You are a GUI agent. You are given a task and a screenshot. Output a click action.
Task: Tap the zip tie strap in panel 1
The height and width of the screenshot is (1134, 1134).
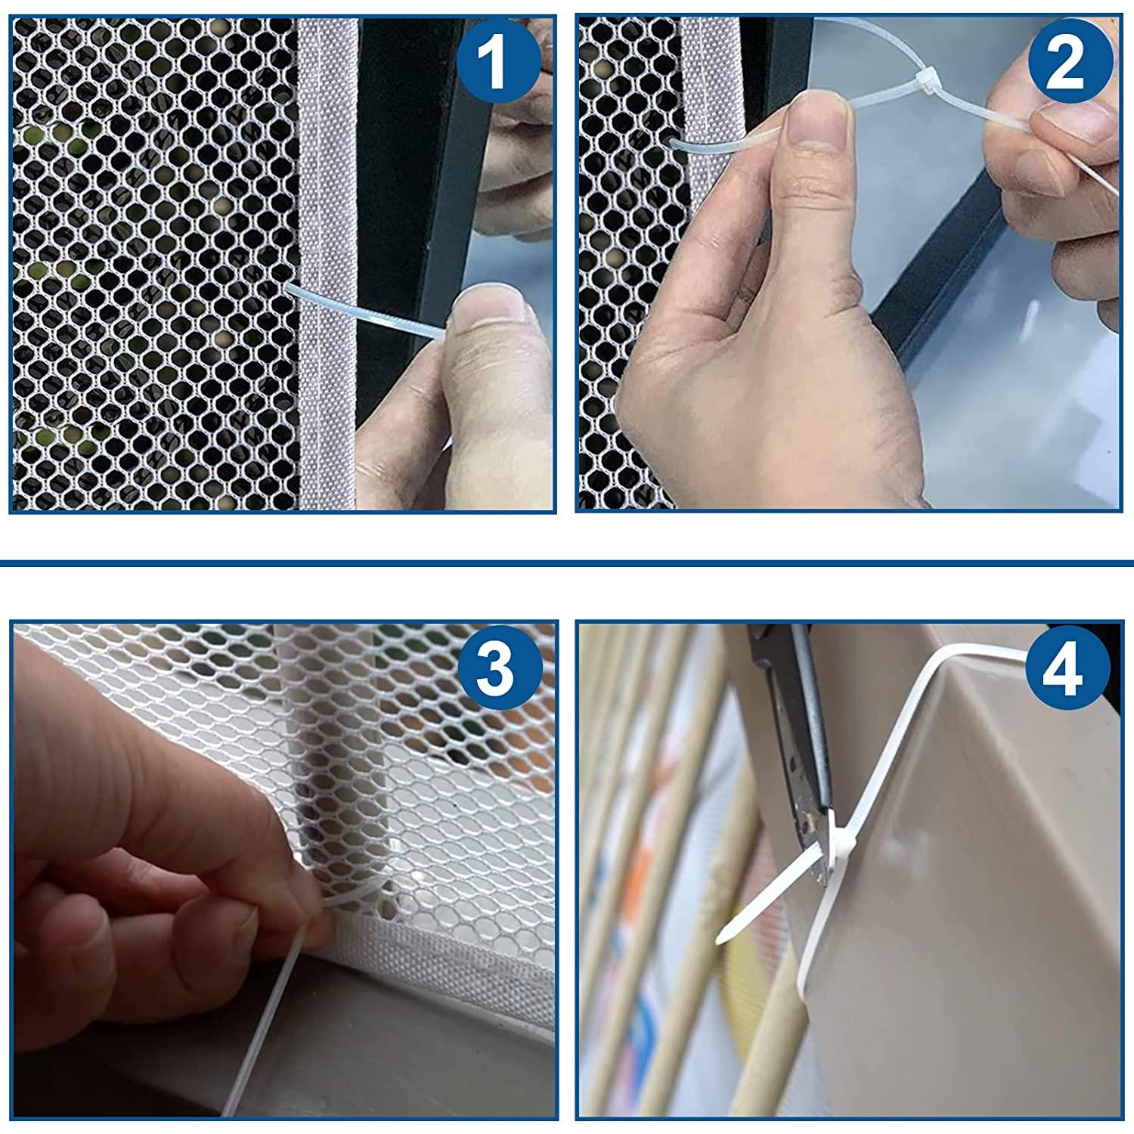(363, 310)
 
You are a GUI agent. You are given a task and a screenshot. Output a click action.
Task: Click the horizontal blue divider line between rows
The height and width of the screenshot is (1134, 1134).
(567, 563)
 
